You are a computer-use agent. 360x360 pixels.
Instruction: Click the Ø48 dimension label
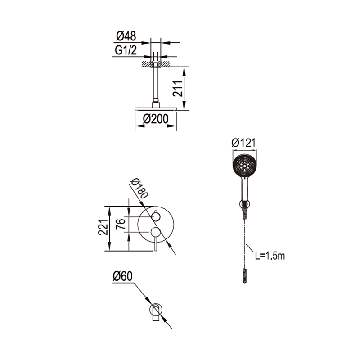coord(126,36)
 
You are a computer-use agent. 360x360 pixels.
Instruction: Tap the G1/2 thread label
coord(126,50)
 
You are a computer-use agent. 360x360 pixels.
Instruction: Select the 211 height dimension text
coord(177,89)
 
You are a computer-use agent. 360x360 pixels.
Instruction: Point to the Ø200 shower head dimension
coord(155,119)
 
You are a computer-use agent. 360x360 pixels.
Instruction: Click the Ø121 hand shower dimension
coord(243,143)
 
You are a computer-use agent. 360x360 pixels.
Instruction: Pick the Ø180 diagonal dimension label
coord(139,188)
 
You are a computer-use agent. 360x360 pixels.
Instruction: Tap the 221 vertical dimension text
coord(103,227)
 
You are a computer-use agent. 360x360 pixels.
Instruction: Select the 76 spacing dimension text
coord(121,224)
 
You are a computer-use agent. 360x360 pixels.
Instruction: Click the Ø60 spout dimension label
coord(122,276)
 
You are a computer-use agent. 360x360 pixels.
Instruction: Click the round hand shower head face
coord(245,165)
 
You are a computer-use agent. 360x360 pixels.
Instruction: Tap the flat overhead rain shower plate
coord(156,109)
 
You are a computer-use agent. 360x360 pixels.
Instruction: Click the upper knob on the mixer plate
coord(156,216)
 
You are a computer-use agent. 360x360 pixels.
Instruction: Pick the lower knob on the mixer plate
coord(155,232)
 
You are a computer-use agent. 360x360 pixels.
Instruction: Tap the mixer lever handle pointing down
coord(156,244)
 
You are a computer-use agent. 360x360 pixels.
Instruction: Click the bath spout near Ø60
coord(156,312)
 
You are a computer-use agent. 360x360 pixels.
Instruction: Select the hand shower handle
coord(245,189)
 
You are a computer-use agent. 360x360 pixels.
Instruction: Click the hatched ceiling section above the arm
coord(156,63)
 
